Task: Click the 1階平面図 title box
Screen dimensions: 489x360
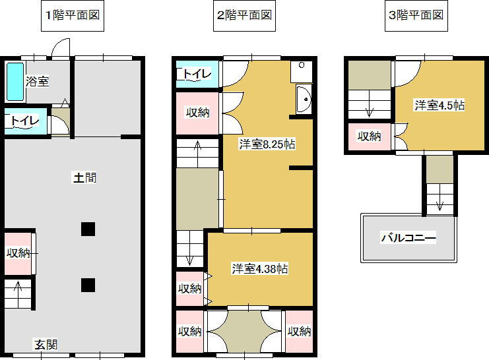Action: point(73,16)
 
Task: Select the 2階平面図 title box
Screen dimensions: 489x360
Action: point(244,16)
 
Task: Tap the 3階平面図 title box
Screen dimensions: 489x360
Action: point(416,16)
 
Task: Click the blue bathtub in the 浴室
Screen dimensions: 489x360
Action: point(15,82)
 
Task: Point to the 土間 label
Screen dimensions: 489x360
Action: point(85,177)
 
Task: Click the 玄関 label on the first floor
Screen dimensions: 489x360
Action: point(46,345)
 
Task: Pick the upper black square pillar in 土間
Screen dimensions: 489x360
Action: point(88,229)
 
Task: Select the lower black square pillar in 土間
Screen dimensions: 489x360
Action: point(88,285)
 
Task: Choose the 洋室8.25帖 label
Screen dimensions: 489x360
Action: point(267,144)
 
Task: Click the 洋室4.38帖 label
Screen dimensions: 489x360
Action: point(260,268)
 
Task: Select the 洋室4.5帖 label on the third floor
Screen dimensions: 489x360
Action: point(440,105)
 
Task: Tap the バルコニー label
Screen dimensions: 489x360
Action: point(408,238)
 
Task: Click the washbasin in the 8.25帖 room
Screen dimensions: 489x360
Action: point(304,99)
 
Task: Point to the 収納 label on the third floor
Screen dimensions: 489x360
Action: point(370,136)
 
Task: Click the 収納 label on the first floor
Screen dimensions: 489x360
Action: point(18,253)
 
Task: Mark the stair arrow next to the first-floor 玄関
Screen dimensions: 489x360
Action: point(18,291)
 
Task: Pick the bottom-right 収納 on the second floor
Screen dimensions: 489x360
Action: point(300,332)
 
